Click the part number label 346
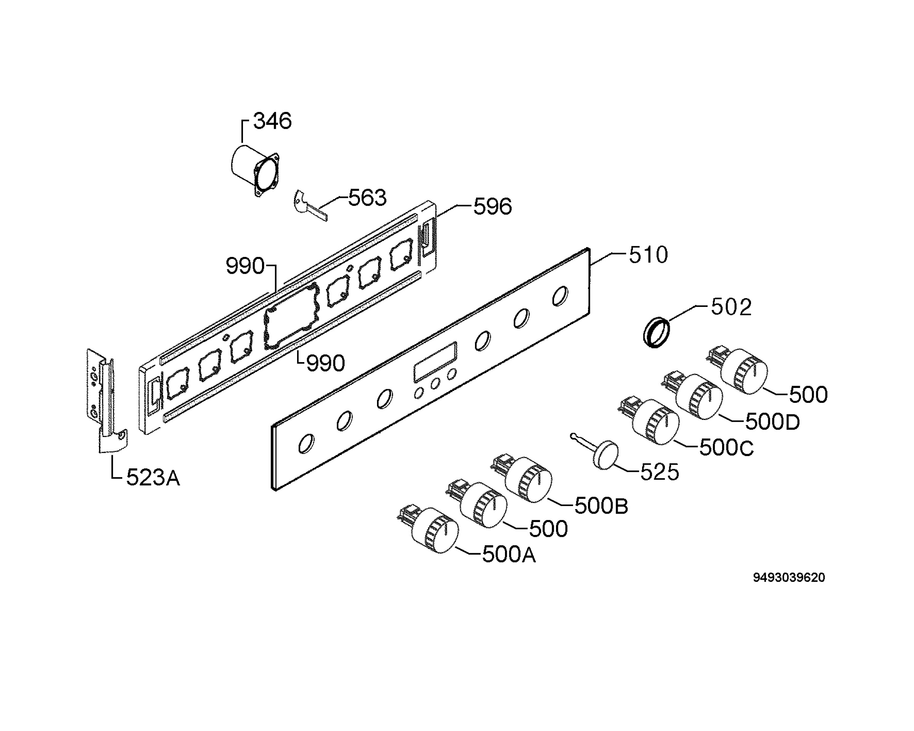click(x=272, y=121)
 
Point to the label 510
click(x=648, y=255)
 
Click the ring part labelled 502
click(x=657, y=332)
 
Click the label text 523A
click(x=153, y=478)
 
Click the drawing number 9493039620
click(x=789, y=578)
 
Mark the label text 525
click(x=659, y=472)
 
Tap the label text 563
click(x=367, y=198)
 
